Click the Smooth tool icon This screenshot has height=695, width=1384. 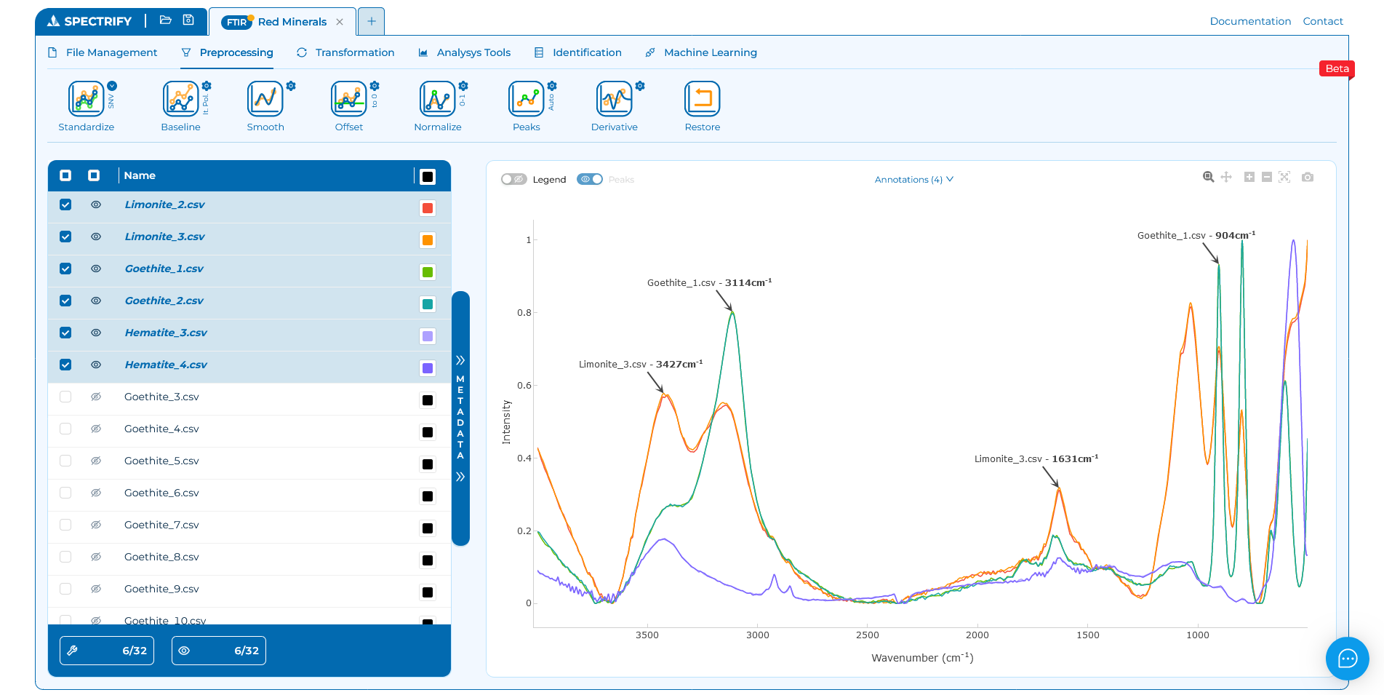(265, 99)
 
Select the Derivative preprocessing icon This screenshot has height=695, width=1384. (614, 99)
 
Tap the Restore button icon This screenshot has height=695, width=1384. (702, 99)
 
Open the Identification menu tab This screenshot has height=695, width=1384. (586, 52)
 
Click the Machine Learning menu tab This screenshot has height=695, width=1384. (710, 52)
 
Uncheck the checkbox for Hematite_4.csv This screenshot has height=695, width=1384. (65, 365)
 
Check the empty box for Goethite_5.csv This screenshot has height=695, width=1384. (65, 461)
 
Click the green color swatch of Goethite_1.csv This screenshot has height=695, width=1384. (428, 272)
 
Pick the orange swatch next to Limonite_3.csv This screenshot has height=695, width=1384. (428, 240)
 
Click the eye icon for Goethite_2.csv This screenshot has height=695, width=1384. (96, 301)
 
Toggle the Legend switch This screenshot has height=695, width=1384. (514, 179)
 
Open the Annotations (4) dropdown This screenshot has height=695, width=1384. (913, 179)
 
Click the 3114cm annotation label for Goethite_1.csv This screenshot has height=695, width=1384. (709, 282)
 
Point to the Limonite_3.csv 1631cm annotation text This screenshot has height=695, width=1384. (1036, 458)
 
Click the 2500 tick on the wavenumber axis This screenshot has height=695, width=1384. (867, 635)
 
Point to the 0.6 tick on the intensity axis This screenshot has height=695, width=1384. (524, 385)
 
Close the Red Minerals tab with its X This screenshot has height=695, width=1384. (340, 22)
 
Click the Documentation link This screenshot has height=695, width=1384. (1249, 21)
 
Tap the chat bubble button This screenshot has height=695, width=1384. (1347, 659)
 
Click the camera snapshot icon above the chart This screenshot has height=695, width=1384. (1307, 177)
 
